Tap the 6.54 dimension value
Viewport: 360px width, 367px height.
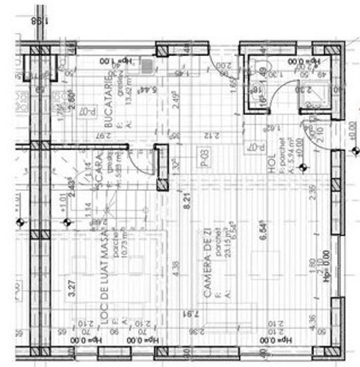click(x=263, y=238)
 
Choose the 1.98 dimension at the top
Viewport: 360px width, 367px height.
click(x=37, y=21)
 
